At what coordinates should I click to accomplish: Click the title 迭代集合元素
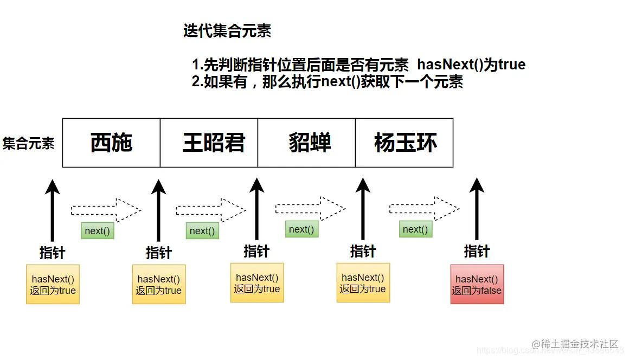[227, 31]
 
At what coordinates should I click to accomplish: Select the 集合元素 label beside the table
[29, 144]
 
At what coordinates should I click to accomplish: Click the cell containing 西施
[111, 143]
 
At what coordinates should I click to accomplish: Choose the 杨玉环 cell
[405, 143]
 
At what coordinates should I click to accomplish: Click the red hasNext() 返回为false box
[477, 285]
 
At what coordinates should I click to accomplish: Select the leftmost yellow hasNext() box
[53, 284]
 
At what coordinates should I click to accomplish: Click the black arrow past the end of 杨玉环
[477, 209]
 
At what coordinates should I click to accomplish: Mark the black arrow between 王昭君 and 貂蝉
[257, 209]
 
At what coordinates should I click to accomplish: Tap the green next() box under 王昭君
[202, 231]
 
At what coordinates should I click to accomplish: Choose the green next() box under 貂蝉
[301, 229]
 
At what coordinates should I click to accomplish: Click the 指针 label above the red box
[477, 252]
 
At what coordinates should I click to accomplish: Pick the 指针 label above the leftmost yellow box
[52, 253]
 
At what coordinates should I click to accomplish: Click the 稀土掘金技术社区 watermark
[575, 344]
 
